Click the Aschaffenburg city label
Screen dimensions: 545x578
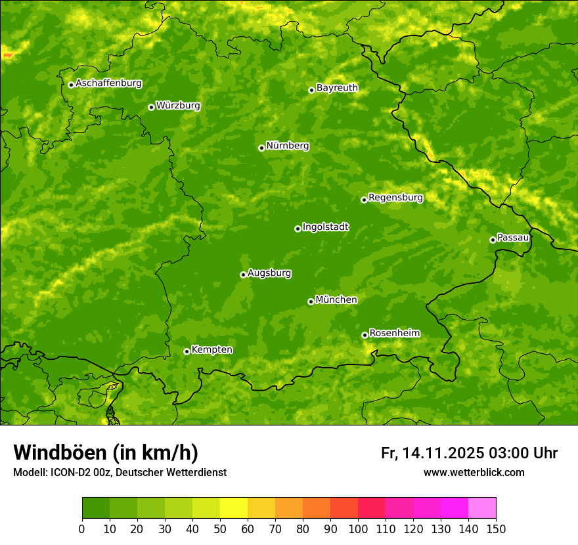(x=108, y=83)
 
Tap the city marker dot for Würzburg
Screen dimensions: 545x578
(x=151, y=107)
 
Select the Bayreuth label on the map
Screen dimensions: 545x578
(x=337, y=88)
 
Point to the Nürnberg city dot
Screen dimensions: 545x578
(x=261, y=148)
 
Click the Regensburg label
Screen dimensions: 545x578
(x=395, y=198)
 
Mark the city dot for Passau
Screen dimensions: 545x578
(x=493, y=240)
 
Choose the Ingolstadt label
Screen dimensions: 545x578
(x=325, y=227)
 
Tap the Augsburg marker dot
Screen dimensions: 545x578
(x=243, y=274)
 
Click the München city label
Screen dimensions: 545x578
(x=336, y=300)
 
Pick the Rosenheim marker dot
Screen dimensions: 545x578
(x=365, y=335)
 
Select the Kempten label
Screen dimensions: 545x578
(x=211, y=350)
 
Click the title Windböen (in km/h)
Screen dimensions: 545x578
(x=105, y=452)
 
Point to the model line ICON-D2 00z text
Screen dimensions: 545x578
(x=120, y=473)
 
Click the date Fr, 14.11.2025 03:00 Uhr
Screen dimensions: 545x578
(x=469, y=453)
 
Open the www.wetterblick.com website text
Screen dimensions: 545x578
(x=474, y=473)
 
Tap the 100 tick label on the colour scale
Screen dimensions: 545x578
(x=358, y=529)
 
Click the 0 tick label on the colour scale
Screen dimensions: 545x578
(x=82, y=529)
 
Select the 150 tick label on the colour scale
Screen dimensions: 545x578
(x=496, y=529)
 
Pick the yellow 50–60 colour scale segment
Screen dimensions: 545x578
(x=234, y=508)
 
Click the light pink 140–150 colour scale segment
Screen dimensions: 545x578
(x=482, y=508)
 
